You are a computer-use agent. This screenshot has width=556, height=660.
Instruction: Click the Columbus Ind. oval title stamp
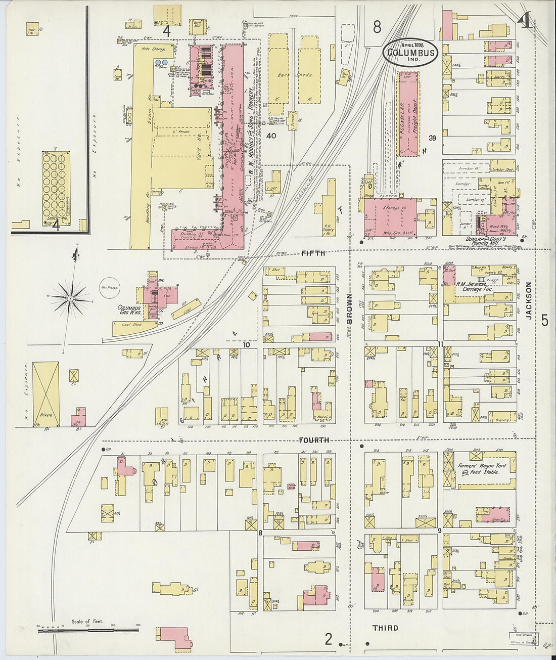(x=410, y=52)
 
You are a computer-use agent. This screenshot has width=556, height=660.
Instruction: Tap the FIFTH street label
(x=313, y=253)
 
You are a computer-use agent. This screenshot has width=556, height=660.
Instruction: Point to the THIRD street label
(x=385, y=628)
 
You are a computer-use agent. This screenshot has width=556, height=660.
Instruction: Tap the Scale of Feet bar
(x=88, y=630)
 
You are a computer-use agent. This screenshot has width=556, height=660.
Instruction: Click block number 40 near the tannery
(x=271, y=136)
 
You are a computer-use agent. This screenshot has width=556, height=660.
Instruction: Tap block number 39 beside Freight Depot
(x=432, y=138)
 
